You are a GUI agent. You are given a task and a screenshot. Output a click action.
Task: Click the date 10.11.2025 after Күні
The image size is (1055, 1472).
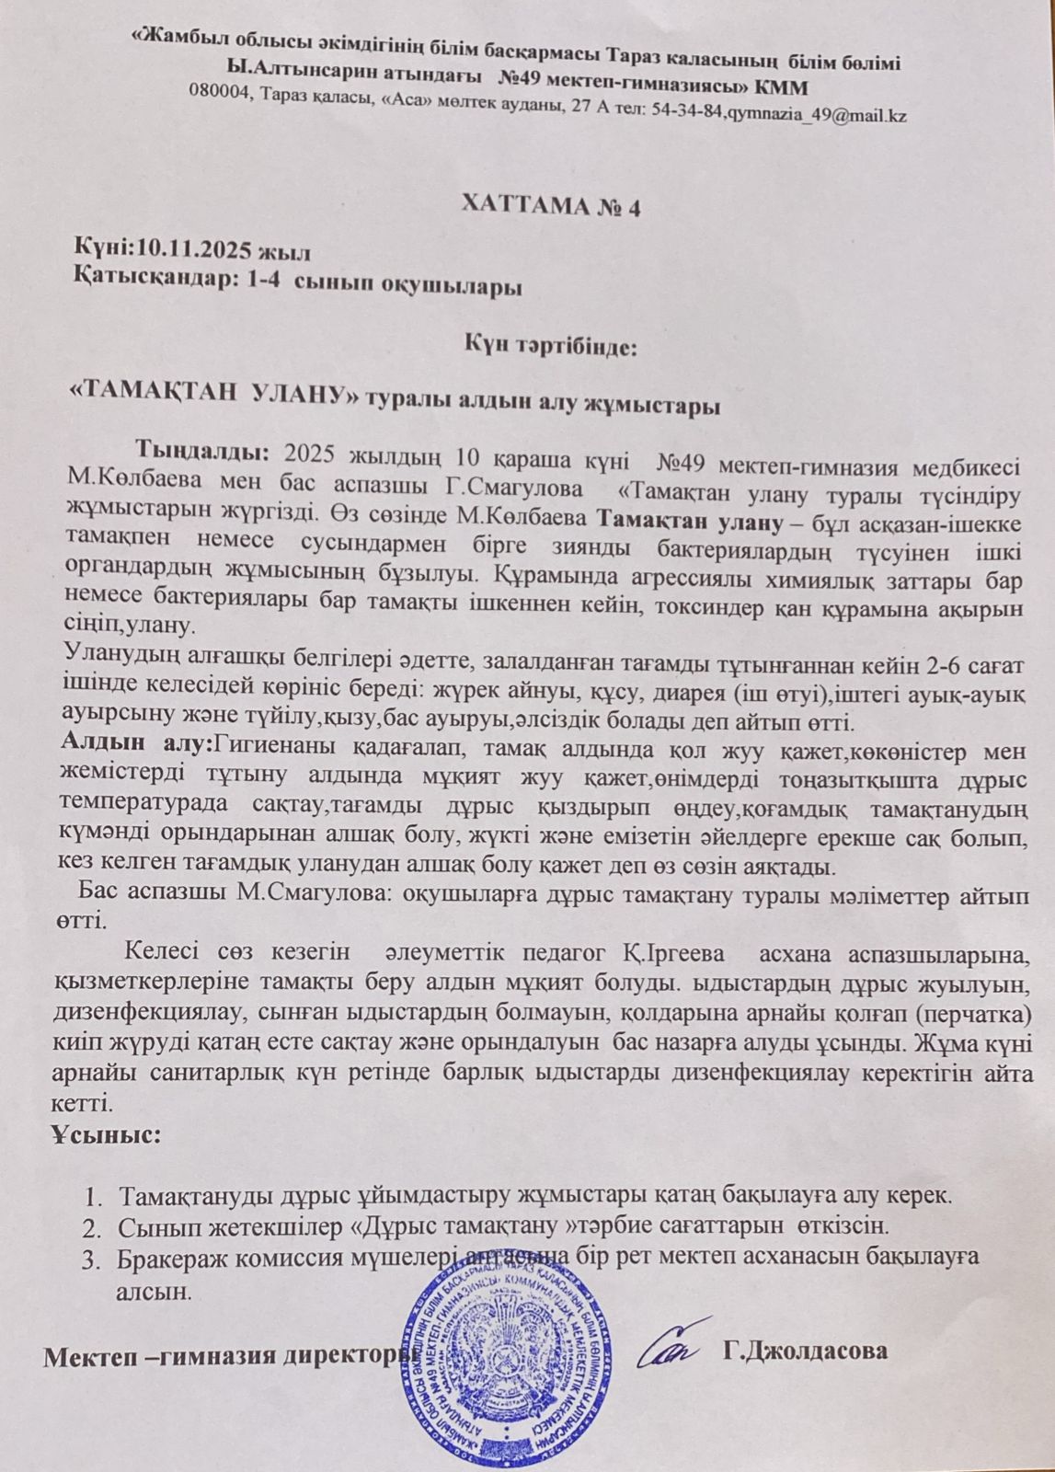(194, 249)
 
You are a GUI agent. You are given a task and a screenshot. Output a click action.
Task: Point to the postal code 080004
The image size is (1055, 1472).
(222, 92)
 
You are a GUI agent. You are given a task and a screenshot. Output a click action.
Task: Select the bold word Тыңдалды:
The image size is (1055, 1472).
(202, 454)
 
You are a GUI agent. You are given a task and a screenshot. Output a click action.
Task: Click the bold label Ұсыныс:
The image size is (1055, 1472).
(107, 1134)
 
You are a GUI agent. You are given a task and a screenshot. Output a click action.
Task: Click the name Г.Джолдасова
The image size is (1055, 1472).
(806, 1351)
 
